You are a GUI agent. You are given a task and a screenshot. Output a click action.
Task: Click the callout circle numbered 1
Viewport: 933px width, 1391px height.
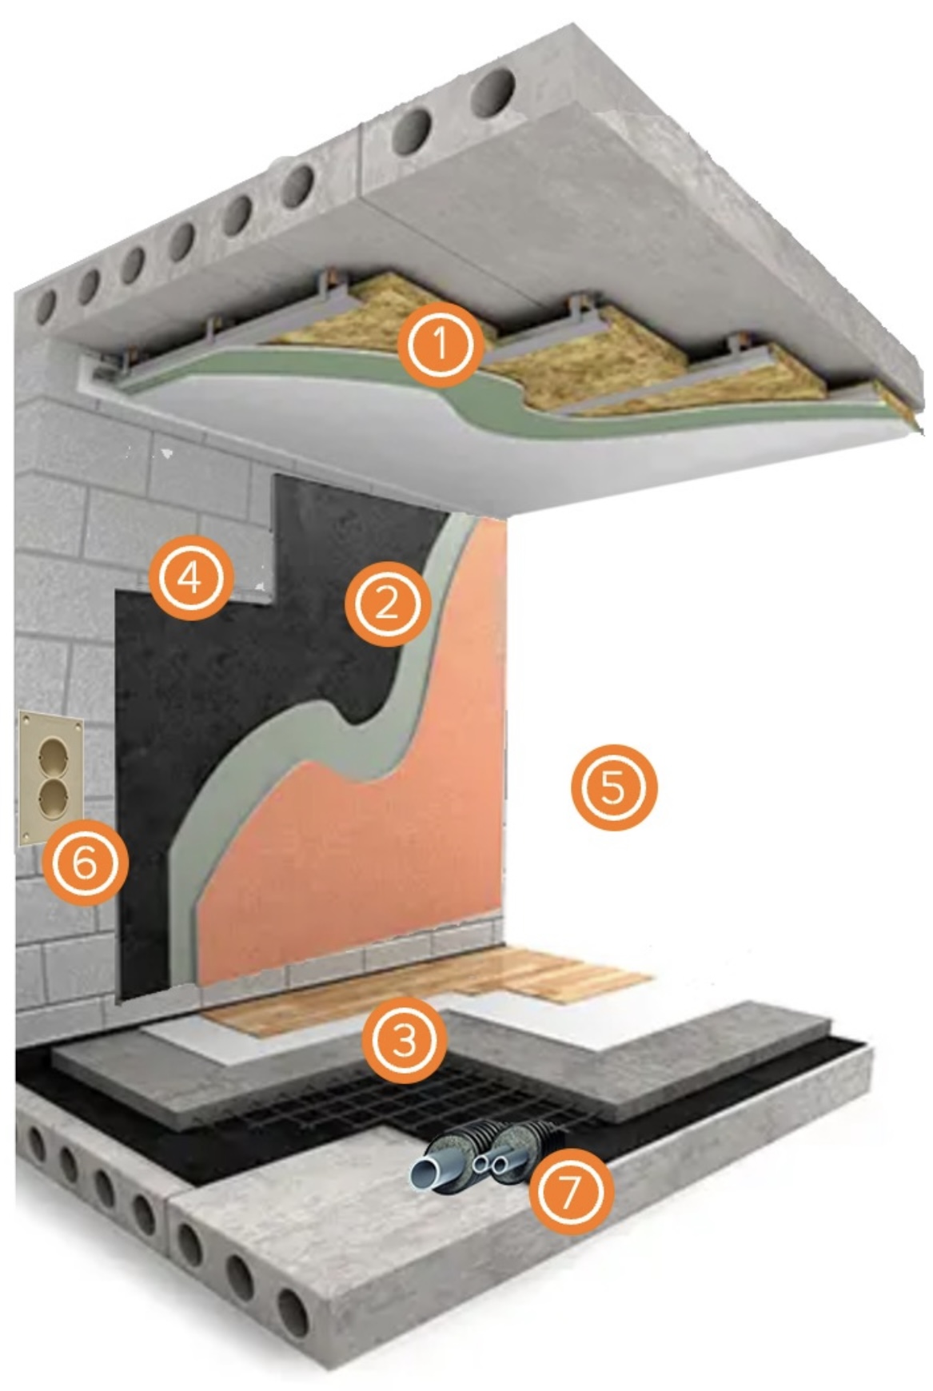441,344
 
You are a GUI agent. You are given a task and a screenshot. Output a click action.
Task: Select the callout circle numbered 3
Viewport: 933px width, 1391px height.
405,1040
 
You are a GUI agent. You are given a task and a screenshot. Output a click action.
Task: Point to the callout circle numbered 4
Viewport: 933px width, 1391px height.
190,577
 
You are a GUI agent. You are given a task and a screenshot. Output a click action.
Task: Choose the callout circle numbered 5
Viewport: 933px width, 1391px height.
613,787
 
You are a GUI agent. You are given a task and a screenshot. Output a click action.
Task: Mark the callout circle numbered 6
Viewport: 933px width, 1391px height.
85,862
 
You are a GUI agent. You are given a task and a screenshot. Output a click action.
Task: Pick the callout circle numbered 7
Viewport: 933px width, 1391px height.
572,1193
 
